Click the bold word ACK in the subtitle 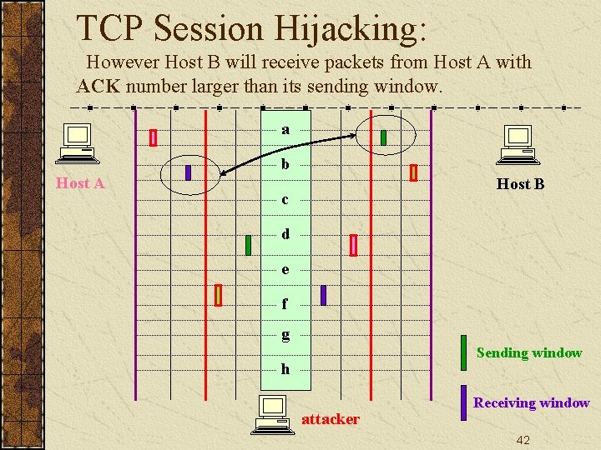pos(97,86)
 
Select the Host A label pos(80,183)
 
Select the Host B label pos(520,184)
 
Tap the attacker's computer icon pos(272,415)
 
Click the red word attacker pos(331,419)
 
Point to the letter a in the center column pos(285,129)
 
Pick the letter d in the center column pos(285,234)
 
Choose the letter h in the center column pos(285,368)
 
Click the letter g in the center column pos(285,334)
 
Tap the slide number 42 pos(523,440)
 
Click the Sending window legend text pos(528,352)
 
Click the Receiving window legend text pos(531,402)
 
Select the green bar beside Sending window pos(463,352)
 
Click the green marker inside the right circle pos(383,137)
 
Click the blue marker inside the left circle pos(188,172)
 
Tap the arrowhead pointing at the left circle pos(224,172)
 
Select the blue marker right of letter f pos(323,295)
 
